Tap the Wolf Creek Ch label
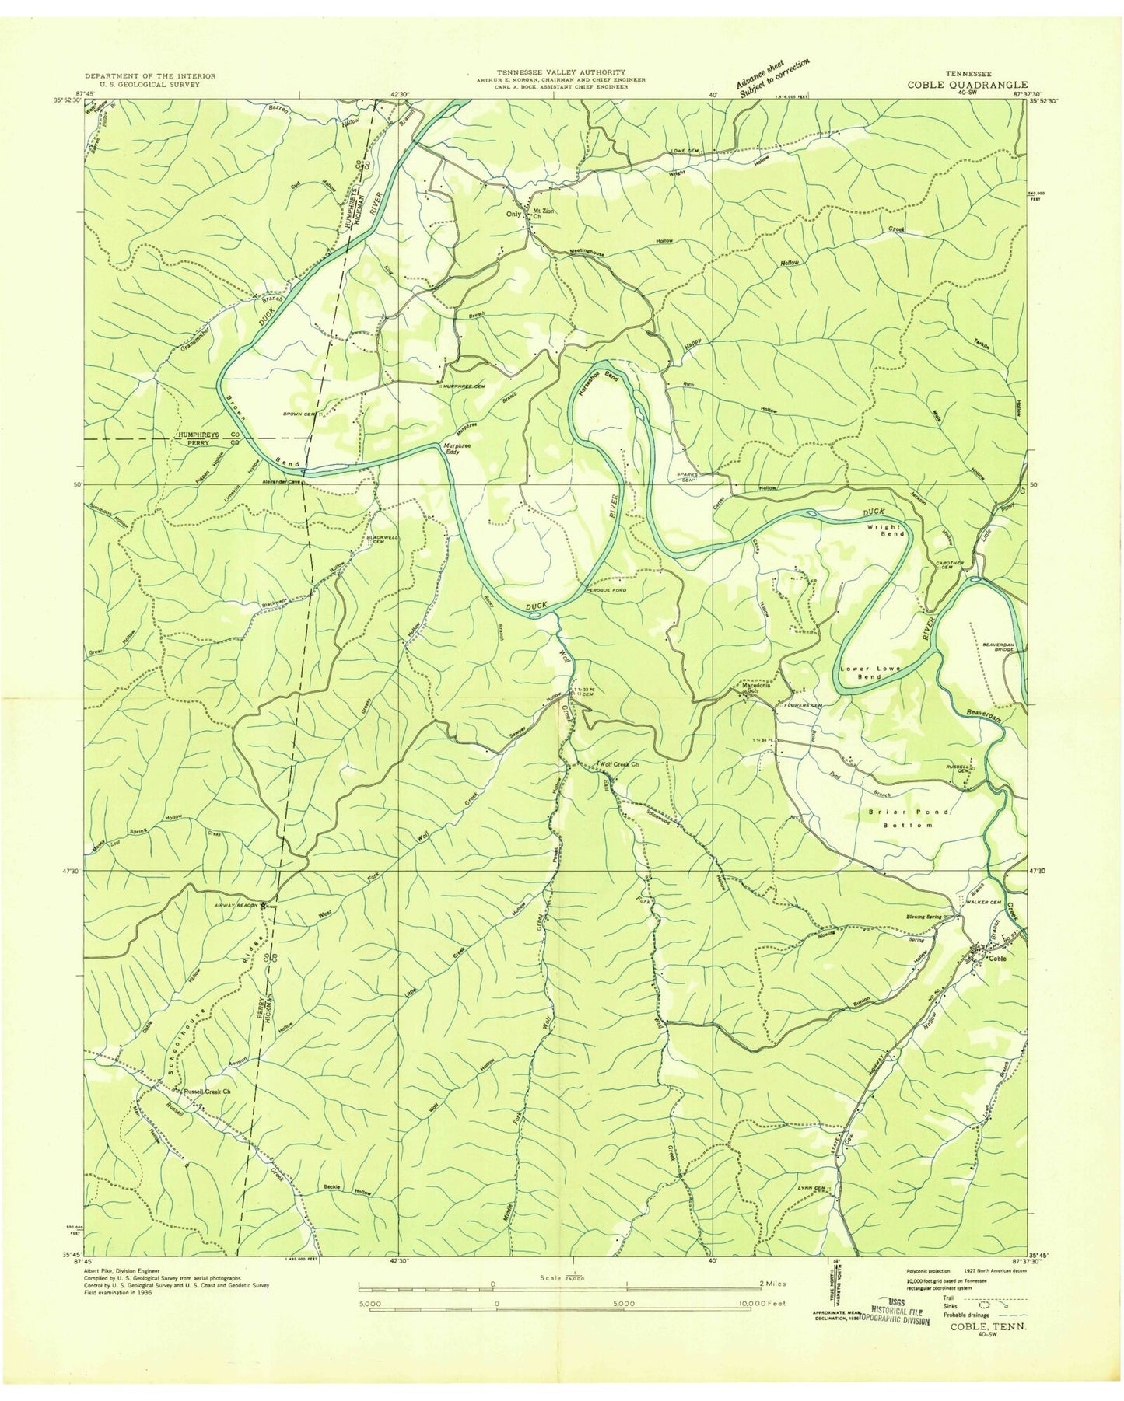[619, 764]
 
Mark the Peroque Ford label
[606, 591]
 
